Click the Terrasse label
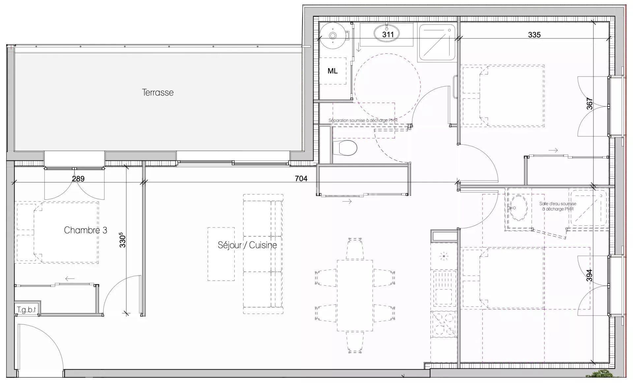(x=158, y=92)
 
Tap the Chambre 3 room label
(x=85, y=230)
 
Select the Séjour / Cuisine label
(x=247, y=245)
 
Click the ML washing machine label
(x=332, y=71)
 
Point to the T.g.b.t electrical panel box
(x=26, y=310)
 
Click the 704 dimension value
(x=301, y=179)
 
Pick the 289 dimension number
(x=78, y=179)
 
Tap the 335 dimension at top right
(x=534, y=35)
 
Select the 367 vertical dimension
(x=589, y=104)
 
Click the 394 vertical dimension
(x=589, y=276)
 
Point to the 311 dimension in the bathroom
(x=388, y=34)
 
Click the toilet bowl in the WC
(x=345, y=148)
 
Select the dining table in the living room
(x=355, y=296)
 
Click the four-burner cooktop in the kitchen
(x=444, y=324)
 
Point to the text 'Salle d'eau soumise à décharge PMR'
(x=558, y=206)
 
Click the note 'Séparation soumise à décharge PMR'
(x=363, y=120)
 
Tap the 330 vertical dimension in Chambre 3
(x=122, y=240)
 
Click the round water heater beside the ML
(x=333, y=35)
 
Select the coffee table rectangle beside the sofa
(x=221, y=254)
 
